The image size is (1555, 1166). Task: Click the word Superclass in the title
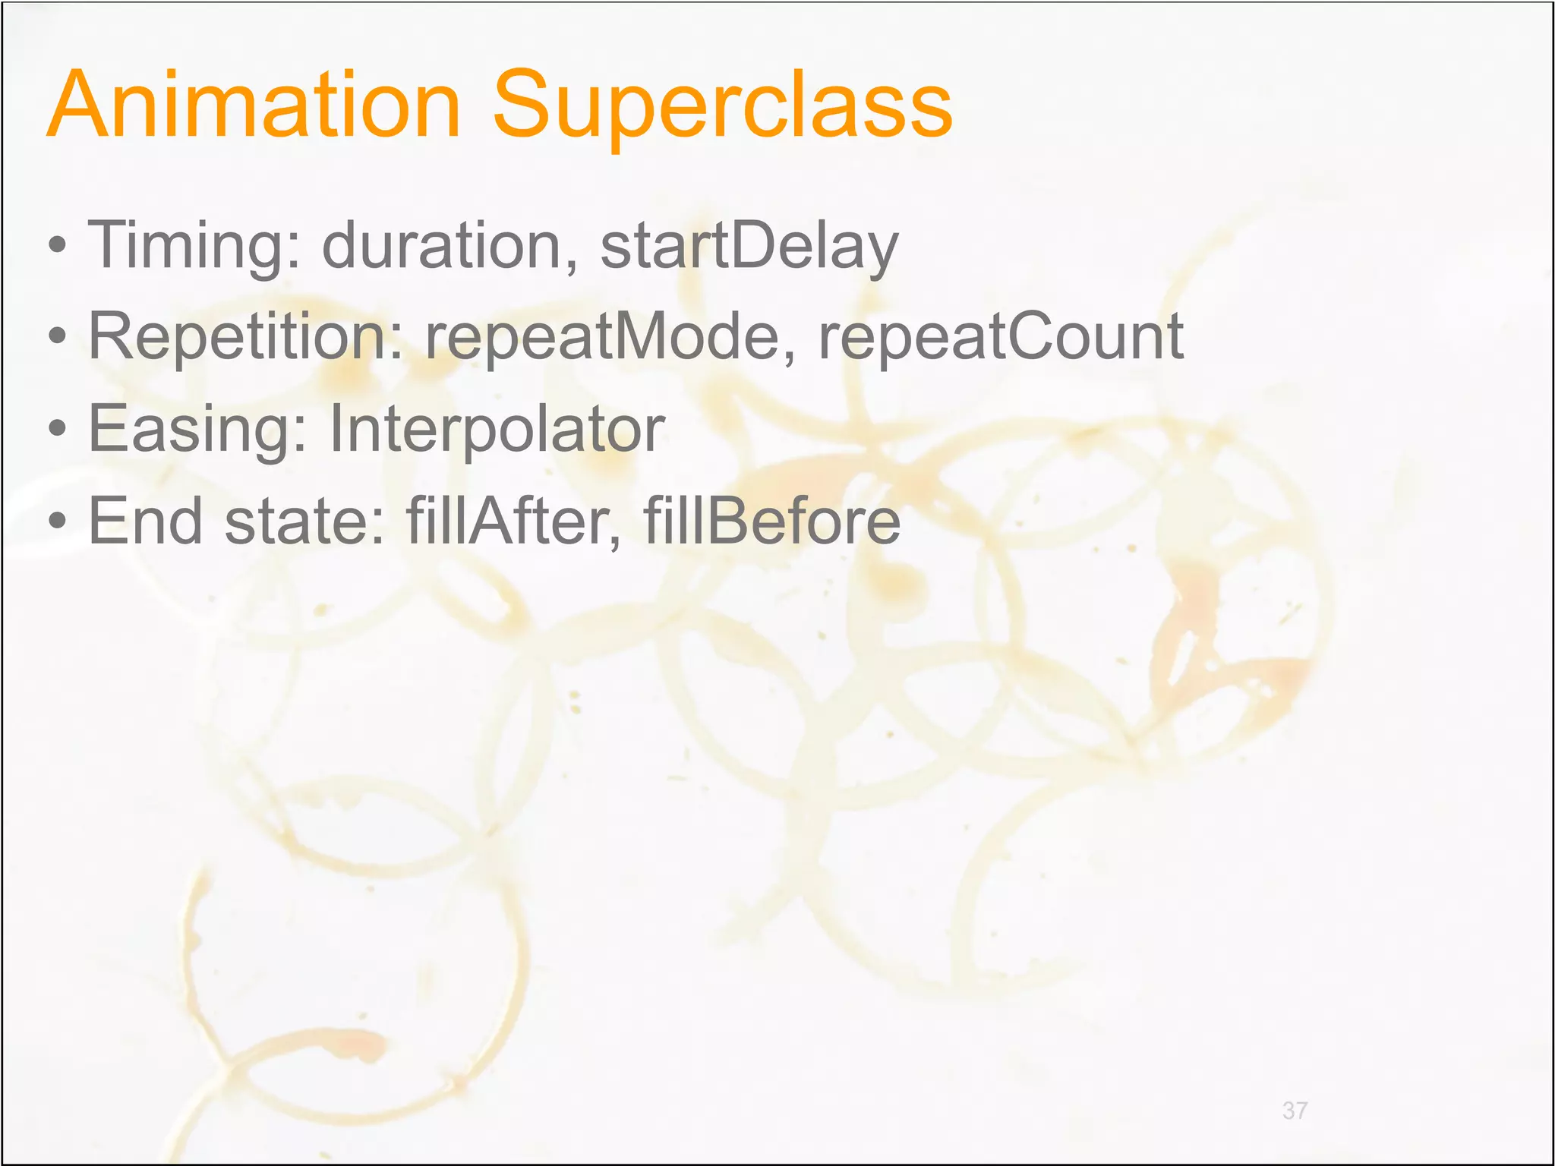[722, 106]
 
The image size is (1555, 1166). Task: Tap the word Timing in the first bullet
[194, 246]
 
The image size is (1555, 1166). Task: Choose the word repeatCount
[1000, 337]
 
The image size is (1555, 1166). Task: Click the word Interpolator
[497, 430]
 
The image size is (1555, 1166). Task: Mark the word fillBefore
[771, 521]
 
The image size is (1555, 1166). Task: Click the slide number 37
[1295, 1111]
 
